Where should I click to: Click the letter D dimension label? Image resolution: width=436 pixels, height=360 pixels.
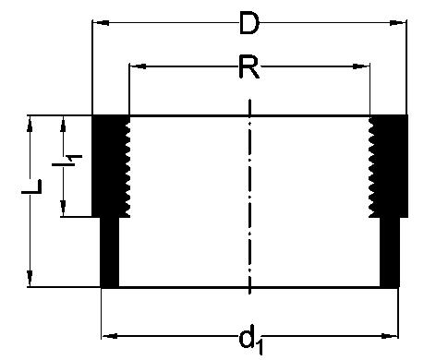[249, 24]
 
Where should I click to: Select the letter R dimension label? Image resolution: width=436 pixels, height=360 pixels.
[249, 67]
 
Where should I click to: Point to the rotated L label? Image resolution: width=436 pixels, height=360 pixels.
[31, 186]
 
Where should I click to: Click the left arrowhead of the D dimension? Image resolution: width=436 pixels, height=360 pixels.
[101, 23]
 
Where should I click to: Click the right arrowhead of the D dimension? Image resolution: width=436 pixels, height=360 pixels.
[398, 23]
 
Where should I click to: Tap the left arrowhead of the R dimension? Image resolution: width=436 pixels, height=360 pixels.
[138, 66]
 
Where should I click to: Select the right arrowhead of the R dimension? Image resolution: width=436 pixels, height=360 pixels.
[361, 66]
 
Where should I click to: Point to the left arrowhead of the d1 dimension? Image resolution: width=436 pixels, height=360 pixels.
[110, 336]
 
